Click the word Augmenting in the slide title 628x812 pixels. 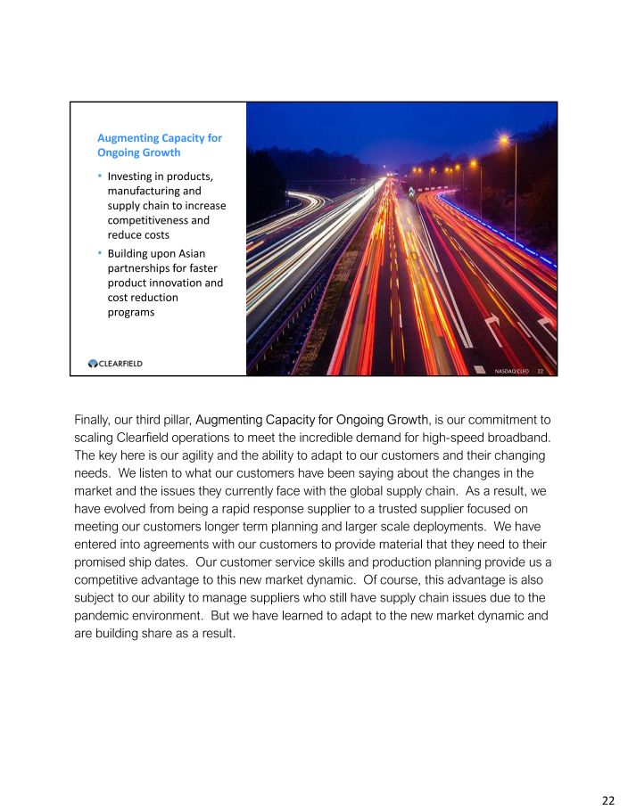click(x=126, y=138)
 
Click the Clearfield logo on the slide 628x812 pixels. click(x=115, y=363)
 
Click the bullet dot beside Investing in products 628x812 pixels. click(x=99, y=176)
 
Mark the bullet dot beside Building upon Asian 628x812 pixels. click(x=99, y=254)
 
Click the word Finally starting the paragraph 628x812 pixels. click(x=92, y=418)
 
